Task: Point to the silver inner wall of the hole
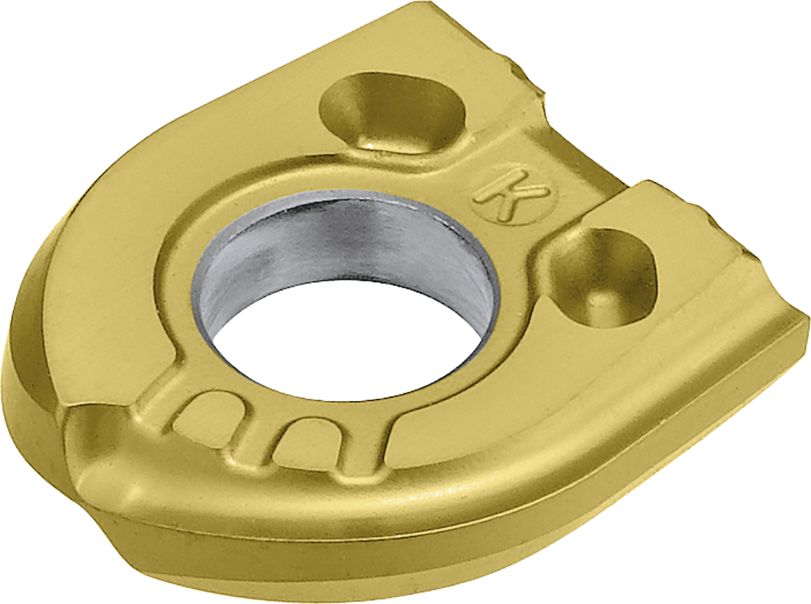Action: click(343, 251)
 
